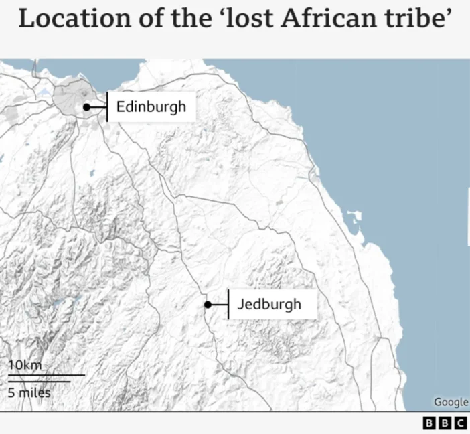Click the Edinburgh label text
(x=151, y=106)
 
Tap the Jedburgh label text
(x=268, y=305)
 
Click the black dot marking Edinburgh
(x=86, y=107)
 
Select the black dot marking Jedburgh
(x=208, y=305)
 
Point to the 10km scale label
(x=25, y=365)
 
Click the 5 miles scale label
(x=29, y=392)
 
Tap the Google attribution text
(x=451, y=402)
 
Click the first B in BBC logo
(x=429, y=423)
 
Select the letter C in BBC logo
(x=460, y=423)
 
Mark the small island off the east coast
(x=354, y=218)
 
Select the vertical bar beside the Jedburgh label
(x=228, y=305)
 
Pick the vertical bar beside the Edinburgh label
(x=107, y=107)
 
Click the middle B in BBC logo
(x=445, y=423)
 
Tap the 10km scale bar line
(x=46, y=375)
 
